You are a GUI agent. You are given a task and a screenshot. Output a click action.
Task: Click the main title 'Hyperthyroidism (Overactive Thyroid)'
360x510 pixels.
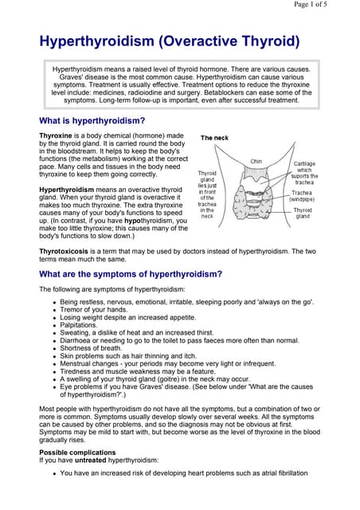(x=170, y=41)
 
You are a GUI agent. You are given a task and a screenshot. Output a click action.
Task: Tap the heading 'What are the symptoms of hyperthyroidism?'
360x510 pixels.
(x=131, y=274)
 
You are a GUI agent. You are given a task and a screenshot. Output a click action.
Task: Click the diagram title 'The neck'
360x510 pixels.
(x=214, y=138)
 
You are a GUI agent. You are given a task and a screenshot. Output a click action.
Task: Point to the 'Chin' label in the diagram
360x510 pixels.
(x=256, y=161)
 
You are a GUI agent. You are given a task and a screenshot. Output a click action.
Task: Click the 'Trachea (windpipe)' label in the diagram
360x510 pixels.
(x=302, y=195)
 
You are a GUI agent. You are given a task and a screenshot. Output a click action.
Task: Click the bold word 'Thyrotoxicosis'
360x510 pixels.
(x=68, y=250)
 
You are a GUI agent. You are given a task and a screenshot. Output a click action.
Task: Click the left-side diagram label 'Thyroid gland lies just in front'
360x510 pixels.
(x=207, y=194)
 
